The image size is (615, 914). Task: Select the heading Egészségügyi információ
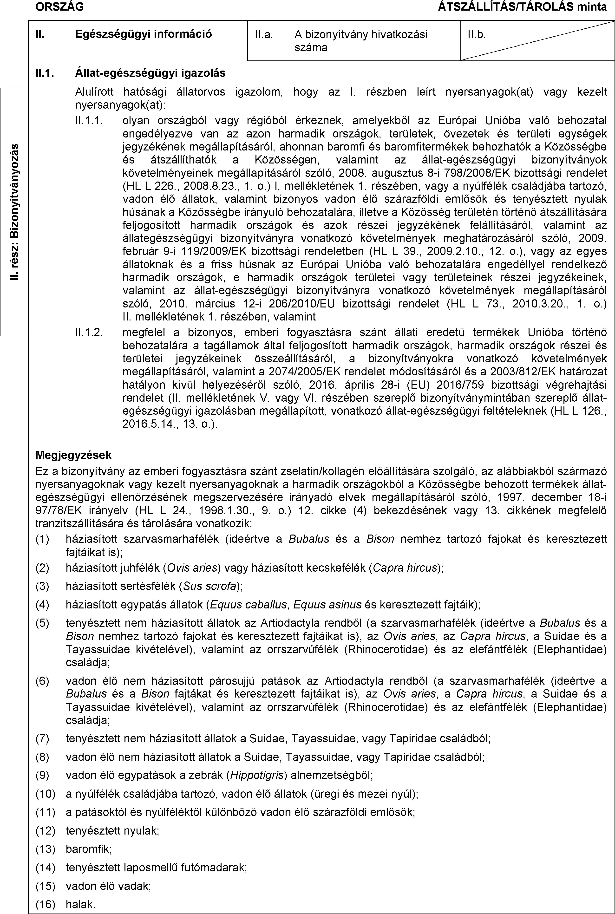pos(144,34)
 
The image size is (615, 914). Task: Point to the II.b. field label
pos(477,35)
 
